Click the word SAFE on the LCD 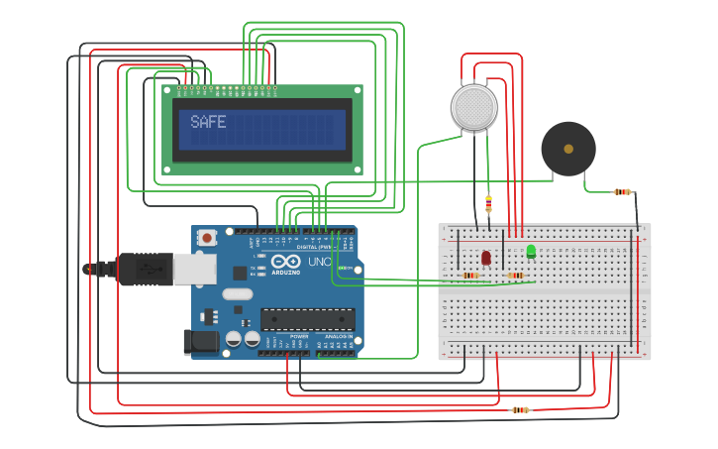pos(208,122)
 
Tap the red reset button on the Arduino pos(206,237)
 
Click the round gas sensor pos(473,106)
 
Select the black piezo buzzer pos(567,149)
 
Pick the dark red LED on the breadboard pos(485,258)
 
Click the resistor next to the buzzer pos(622,191)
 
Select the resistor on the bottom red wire pos(520,409)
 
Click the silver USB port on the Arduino pos(194,268)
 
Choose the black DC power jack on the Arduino pos(200,342)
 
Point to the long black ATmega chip pos(307,319)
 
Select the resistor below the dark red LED pos(470,275)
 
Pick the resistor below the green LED pos(515,275)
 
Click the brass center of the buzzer pos(567,149)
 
